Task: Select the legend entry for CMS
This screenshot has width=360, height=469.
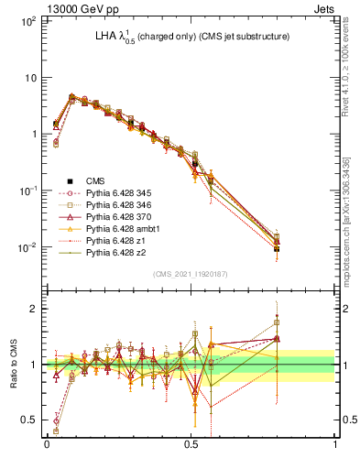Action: point(107,181)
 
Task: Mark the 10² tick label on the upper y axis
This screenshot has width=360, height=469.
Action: point(28,20)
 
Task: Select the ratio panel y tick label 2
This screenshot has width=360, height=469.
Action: point(34,309)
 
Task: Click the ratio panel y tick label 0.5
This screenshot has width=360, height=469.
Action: point(29,420)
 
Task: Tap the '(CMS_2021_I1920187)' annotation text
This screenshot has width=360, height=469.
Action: point(190,274)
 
